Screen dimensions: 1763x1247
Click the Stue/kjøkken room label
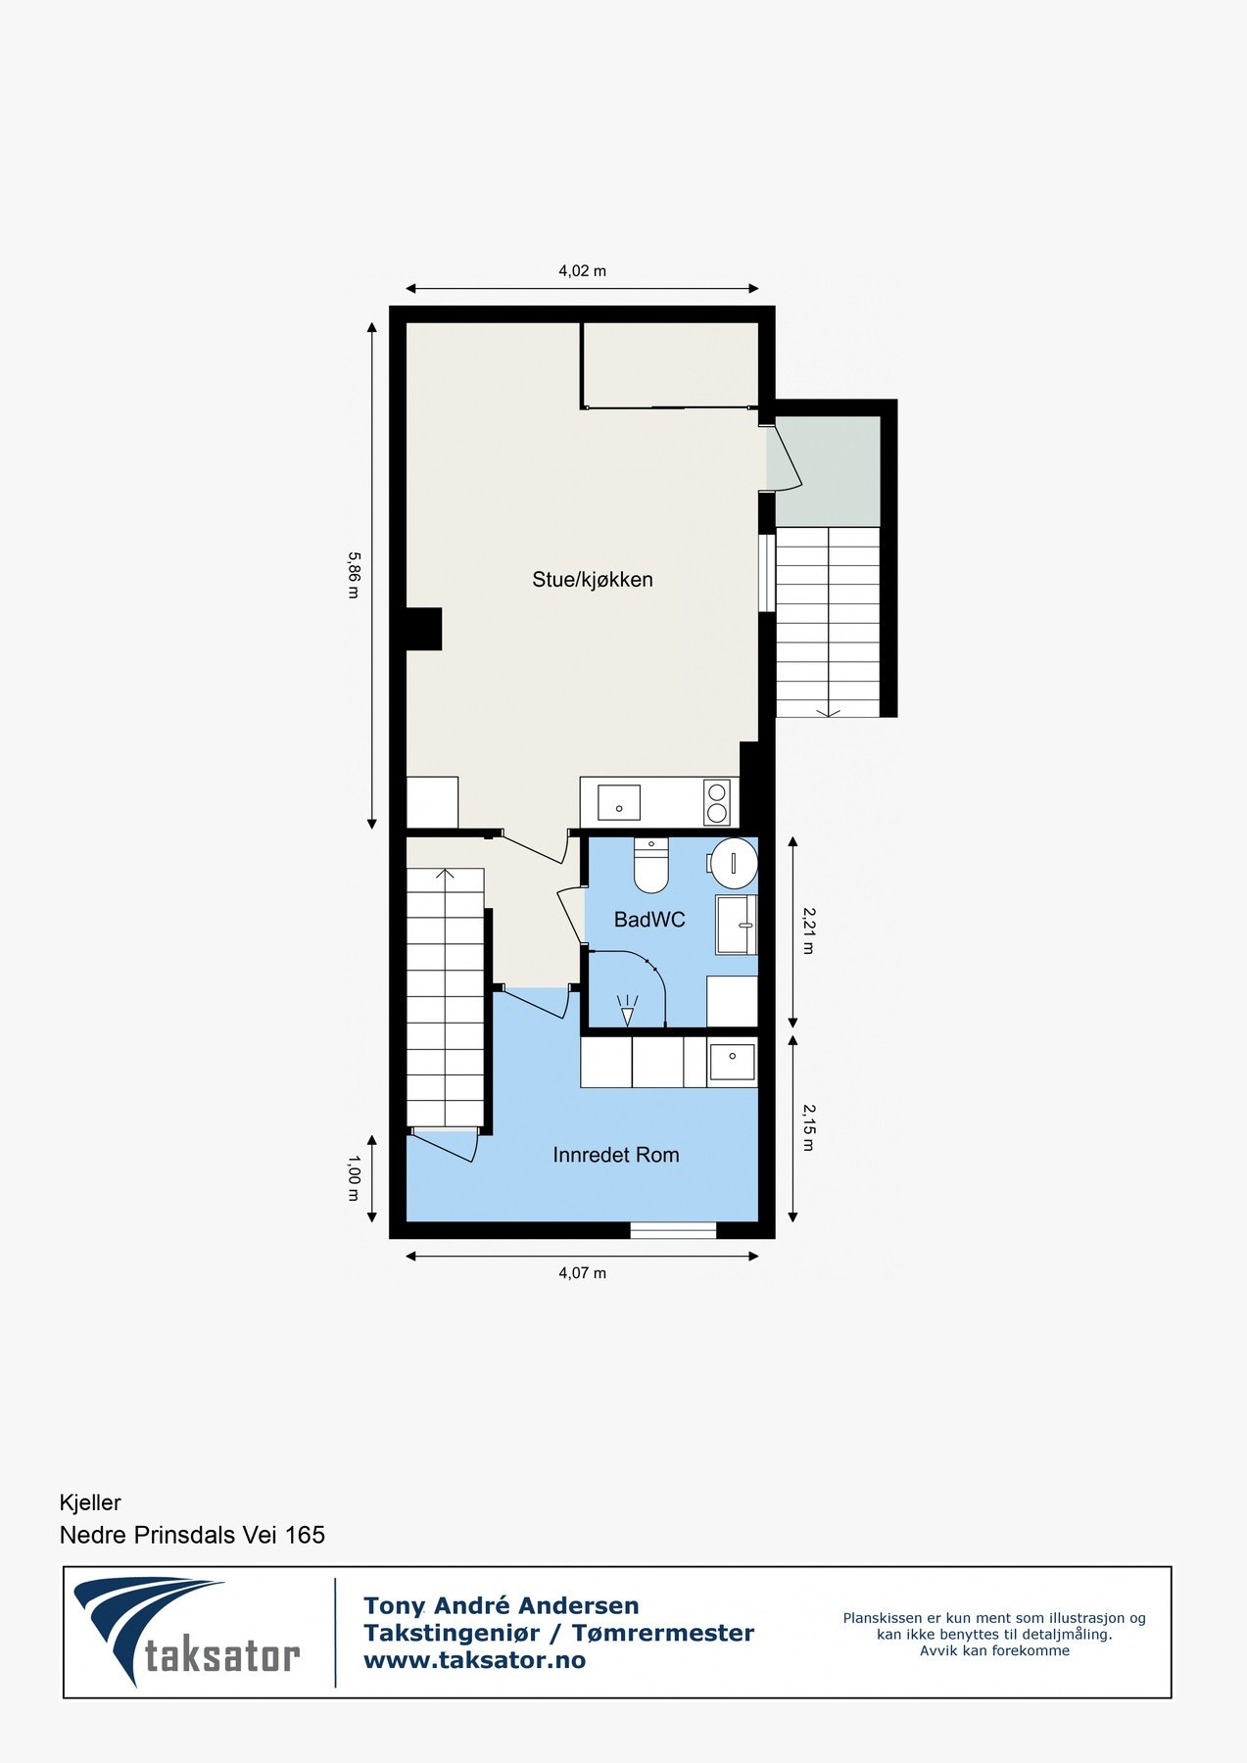tap(592, 580)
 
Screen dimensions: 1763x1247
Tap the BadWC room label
tap(648, 920)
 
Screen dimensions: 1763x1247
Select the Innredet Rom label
tap(615, 1155)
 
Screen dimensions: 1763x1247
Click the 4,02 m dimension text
tap(582, 271)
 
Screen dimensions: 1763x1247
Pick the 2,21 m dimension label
tap(808, 930)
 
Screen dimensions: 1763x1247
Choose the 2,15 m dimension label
tap(808, 1127)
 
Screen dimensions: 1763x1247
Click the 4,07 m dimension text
tap(582, 1273)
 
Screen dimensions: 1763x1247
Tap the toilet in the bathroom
tap(650, 865)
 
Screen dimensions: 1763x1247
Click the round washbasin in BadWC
tap(734, 863)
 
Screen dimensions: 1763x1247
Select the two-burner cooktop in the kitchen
tap(717, 802)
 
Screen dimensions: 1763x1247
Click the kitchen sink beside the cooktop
tap(619, 802)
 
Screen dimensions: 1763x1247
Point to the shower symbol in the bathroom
tap(627, 1010)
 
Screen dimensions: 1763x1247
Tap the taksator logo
tap(186, 1633)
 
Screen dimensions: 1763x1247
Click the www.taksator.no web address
tap(474, 1660)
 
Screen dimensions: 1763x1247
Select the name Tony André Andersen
tap(501, 1606)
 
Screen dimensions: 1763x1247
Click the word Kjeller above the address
tap(90, 1502)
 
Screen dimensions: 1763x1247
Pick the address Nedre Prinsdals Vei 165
tap(192, 1535)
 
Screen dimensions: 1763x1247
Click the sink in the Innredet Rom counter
tap(732, 1063)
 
